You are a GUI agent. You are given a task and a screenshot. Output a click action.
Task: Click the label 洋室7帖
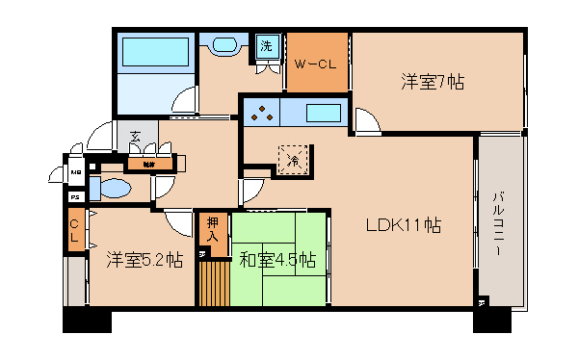tap(433, 82)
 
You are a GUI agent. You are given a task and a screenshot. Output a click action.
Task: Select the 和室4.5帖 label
tap(277, 259)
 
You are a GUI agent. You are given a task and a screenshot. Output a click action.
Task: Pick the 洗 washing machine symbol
tap(265, 45)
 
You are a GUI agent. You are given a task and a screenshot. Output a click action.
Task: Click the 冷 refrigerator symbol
tap(293, 160)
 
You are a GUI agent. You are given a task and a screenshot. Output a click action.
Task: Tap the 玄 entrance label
tap(136, 137)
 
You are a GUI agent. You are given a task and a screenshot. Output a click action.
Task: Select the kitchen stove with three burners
tap(263, 115)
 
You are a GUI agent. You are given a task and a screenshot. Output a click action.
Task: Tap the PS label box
tap(75, 197)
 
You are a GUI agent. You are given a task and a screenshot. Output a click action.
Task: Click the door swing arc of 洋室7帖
tap(365, 121)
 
